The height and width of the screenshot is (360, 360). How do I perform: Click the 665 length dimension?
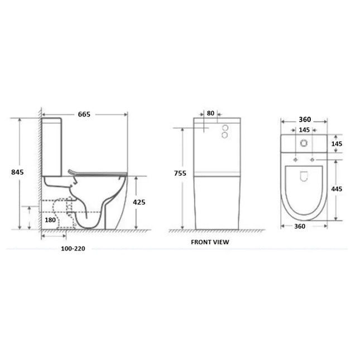(84, 114)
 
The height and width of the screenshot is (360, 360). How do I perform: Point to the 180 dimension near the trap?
(50, 220)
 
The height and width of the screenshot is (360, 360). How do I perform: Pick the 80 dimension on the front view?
(210, 113)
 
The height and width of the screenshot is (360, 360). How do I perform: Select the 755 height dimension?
(180, 174)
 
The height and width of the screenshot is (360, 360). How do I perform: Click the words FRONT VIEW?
(209, 242)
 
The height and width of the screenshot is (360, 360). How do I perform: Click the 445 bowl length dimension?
(337, 189)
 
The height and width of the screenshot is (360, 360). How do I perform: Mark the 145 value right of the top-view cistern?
(337, 144)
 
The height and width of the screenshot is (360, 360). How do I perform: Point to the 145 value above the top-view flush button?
(304, 130)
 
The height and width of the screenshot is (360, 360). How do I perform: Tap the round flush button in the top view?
(304, 143)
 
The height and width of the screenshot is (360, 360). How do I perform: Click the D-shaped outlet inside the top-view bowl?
(304, 177)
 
